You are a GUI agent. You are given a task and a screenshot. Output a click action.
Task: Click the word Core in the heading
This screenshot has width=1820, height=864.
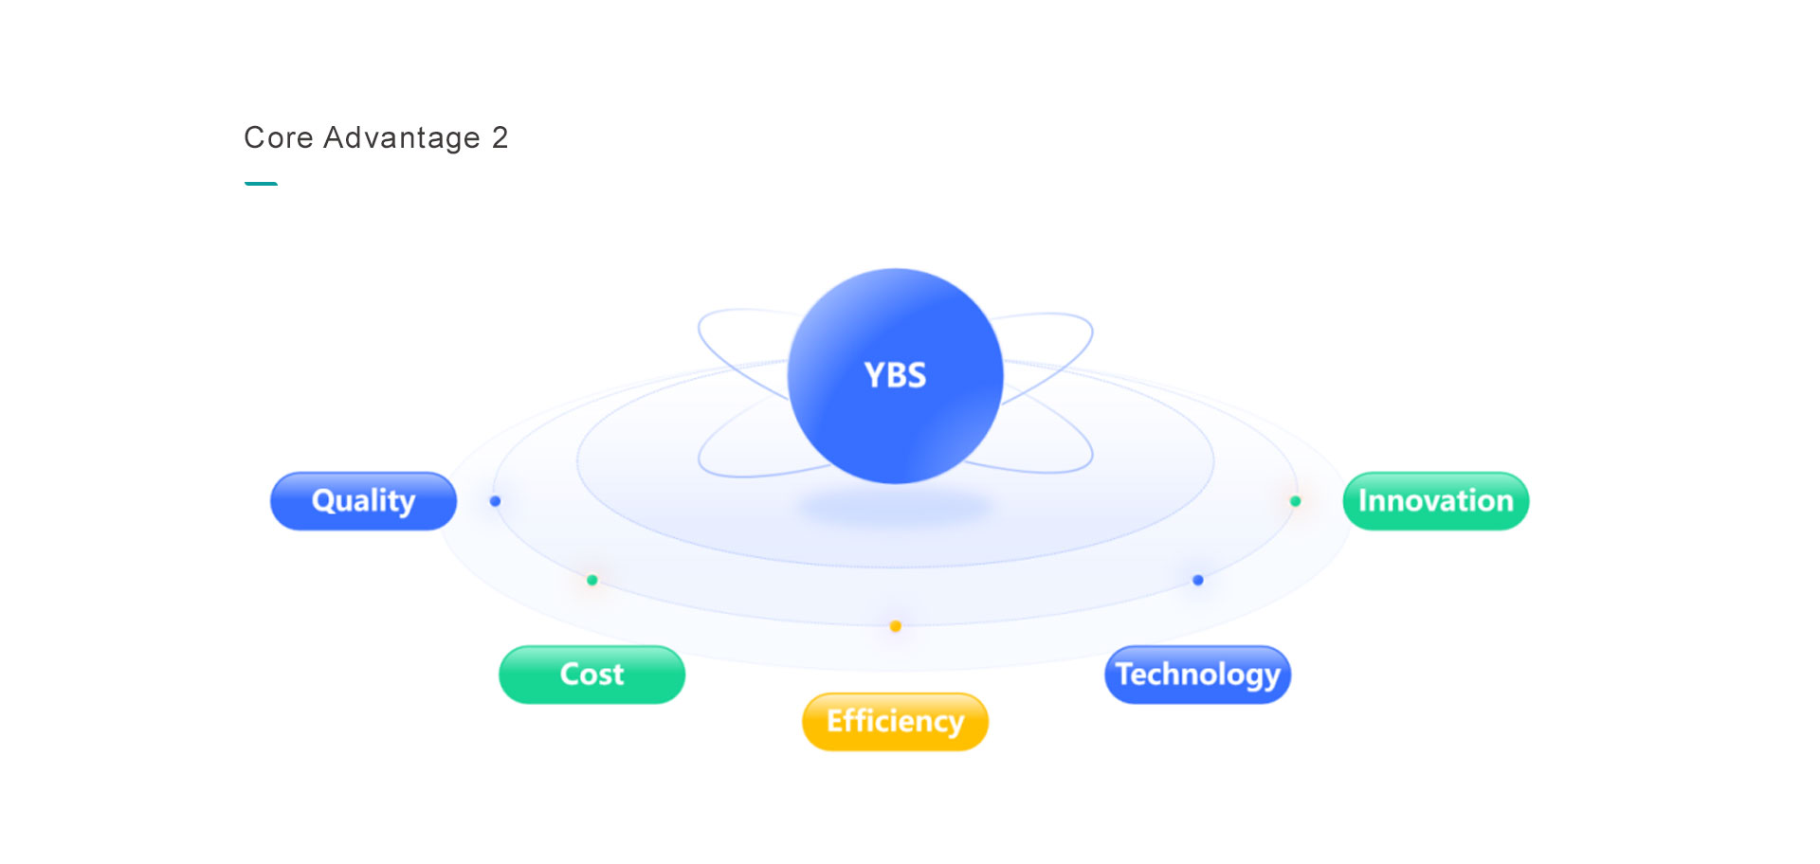coord(279,138)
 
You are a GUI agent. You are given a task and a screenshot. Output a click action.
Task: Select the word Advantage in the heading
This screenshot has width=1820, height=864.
coord(402,139)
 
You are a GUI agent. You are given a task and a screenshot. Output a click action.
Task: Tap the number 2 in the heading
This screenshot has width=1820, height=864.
coord(500,138)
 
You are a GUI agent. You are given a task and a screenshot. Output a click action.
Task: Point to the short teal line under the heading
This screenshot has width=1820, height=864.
coord(261,184)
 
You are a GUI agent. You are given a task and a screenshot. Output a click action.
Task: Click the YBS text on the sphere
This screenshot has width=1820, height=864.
coord(895,376)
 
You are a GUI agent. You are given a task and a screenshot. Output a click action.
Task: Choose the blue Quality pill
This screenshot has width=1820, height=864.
coord(363,501)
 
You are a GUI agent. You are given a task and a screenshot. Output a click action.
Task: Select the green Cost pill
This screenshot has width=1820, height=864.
coord(591,675)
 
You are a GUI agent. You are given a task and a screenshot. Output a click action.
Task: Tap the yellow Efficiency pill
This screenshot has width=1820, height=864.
coord(895,722)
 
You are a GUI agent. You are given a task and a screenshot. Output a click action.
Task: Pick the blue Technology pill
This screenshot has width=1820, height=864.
coord(1197,675)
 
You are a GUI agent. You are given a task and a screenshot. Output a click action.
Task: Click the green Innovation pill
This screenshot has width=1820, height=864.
coord(1435,501)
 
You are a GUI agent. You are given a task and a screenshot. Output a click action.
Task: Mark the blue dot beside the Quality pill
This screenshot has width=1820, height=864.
coord(495,501)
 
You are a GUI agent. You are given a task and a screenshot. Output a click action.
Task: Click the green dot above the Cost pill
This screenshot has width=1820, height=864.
coord(591,580)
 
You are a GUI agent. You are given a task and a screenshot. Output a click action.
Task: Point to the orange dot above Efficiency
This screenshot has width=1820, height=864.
coord(895,626)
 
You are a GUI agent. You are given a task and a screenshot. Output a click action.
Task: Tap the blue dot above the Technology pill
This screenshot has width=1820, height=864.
coord(1197,580)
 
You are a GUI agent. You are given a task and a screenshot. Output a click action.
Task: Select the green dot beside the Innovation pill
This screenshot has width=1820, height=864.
coord(1295,501)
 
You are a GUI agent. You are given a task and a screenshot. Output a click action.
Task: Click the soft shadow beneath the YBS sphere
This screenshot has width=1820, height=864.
coord(895,508)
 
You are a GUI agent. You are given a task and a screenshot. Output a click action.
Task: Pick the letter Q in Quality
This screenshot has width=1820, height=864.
coord(324,501)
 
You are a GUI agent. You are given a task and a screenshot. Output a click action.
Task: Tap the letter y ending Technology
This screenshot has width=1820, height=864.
coord(1270,678)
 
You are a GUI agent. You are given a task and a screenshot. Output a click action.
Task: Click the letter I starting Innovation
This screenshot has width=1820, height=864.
coord(1363,501)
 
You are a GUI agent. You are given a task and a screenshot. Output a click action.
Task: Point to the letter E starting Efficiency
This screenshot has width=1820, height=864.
coord(835,722)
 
